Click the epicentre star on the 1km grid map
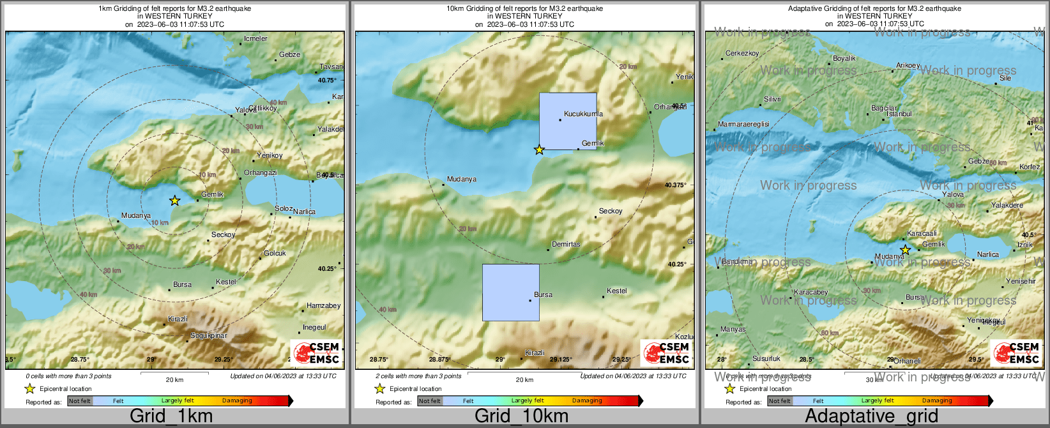(x=174, y=201)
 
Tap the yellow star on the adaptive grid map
(x=905, y=250)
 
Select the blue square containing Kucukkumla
(x=568, y=121)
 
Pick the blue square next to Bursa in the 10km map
(x=510, y=292)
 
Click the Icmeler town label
(x=255, y=39)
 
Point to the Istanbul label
(x=899, y=114)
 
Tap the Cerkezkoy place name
(x=742, y=54)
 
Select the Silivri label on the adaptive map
(x=772, y=100)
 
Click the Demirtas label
(x=566, y=244)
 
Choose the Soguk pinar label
(x=209, y=336)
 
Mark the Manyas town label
(x=733, y=330)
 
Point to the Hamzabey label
(x=323, y=306)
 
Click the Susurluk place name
(x=766, y=359)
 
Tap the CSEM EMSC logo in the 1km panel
(x=316, y=353)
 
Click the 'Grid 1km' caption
(x=171, y=417)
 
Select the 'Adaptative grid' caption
(x=871, y=417)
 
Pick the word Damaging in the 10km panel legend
(x=587, y=401)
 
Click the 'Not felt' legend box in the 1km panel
(x=80, y=401)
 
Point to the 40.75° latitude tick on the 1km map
(x=326, y=80)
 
